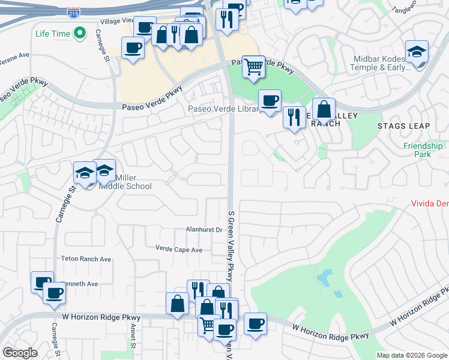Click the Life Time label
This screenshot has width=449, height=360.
point(53,34)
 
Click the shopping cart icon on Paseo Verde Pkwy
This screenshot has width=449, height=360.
point(254,66)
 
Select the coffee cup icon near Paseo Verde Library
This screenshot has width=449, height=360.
point(270,100)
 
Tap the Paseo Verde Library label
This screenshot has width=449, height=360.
point(223,109)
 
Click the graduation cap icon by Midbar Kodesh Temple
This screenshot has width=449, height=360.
point(417,52)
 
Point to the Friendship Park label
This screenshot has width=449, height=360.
point(423,150)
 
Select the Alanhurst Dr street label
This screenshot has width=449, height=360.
point(204,229)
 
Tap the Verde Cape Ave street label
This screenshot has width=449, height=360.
point(179,249)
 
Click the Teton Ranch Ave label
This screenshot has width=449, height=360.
point(86,259)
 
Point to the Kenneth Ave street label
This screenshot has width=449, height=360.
point(80,284)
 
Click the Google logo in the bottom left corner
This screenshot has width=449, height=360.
point(20,353)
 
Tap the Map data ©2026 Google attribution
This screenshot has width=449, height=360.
point(412,355)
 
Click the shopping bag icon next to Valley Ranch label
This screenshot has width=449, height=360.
point(324,110)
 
